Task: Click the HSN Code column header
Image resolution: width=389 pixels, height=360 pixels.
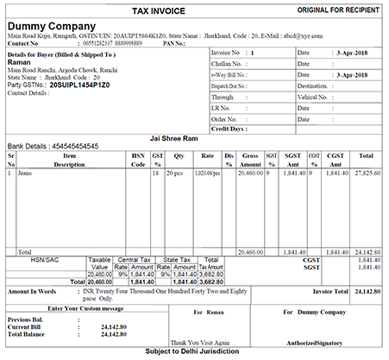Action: point(137,160)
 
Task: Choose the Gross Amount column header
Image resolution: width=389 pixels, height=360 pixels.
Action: point(250,160)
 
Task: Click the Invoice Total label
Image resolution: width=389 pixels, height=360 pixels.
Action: point(323,292)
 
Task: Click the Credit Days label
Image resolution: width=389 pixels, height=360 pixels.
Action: point(229,129)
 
